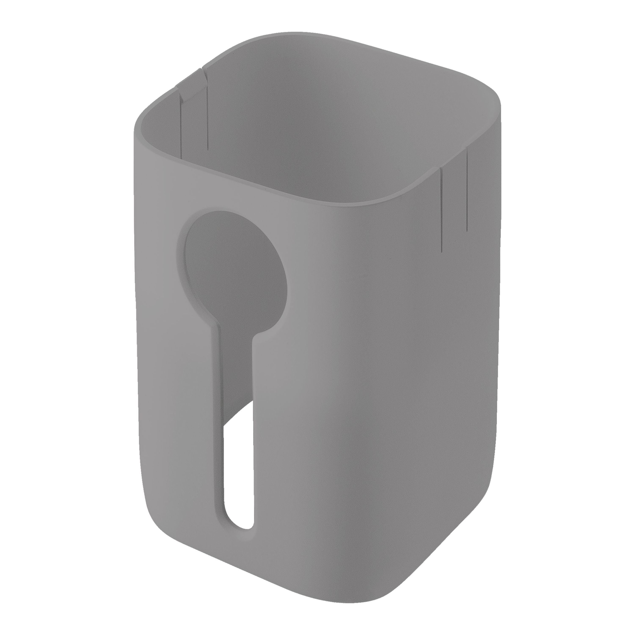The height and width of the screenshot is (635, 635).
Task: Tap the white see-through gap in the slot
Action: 239,467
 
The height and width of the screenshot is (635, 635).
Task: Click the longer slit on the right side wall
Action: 442,210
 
